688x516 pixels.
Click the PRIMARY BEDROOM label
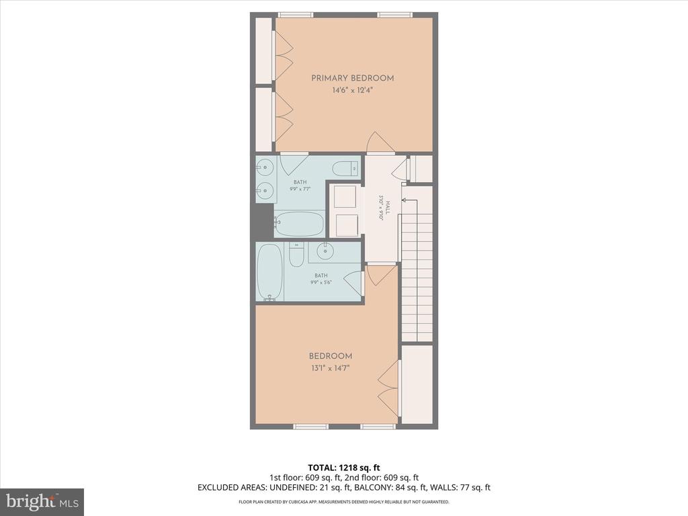point(352,78)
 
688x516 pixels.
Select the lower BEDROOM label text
point(330,356)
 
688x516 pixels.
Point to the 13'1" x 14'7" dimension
point(330,368)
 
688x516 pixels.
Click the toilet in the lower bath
point(296,255)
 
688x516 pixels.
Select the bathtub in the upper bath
point(300,224)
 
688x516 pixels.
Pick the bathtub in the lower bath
point(269,272)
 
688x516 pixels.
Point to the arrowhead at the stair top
point(404,200)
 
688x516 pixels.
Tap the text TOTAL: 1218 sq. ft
point(343,467)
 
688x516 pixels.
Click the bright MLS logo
point(42,501)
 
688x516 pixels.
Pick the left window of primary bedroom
point(295,15)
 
